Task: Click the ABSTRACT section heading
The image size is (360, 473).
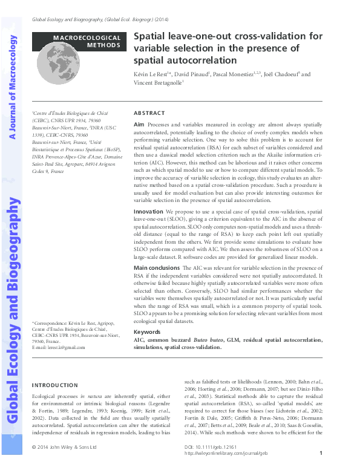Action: pyautogui.click(x=149, y=113)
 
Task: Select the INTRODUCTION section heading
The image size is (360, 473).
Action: pyautogui.click(x=54, y=385)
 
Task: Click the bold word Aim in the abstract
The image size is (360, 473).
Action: pyautogui.click(x=139, y=123)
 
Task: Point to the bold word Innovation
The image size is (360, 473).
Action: pyautogui.click(x=148, y=212)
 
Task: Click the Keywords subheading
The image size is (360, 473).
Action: pyautogui.click(x=147, y=332)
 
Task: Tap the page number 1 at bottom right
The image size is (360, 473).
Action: pyautogui.click(x=320, y=453)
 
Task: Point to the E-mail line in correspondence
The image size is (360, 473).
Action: pyautogui.click(x=58, y=348)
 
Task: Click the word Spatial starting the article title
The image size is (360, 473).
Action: pyautogui.click(x=151, y=36)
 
